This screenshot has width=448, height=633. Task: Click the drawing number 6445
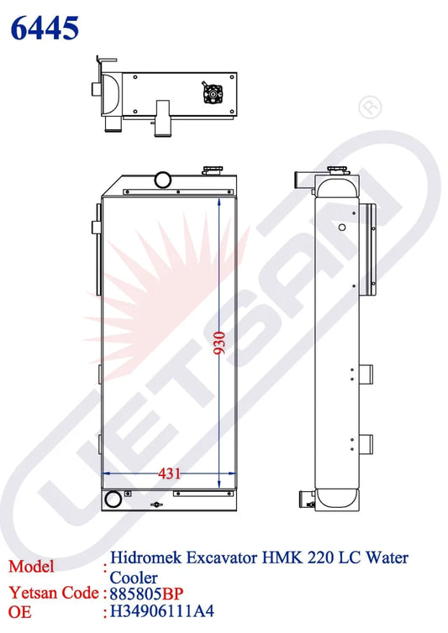click(x=45, y=28)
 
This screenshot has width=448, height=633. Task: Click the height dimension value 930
click(x=219, y=343)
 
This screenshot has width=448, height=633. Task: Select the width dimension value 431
click(x=169, y=473)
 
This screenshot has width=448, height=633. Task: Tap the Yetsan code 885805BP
click(x=146, y=594)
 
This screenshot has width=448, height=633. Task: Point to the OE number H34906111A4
click(x=161, y=611)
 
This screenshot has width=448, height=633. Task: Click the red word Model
click(x=31, y=567)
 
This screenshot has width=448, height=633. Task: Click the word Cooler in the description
click(x=134, y=578)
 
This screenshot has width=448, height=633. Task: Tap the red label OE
click(x=20, y=612)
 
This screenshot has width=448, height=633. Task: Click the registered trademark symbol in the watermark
click(x=370, y=107)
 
